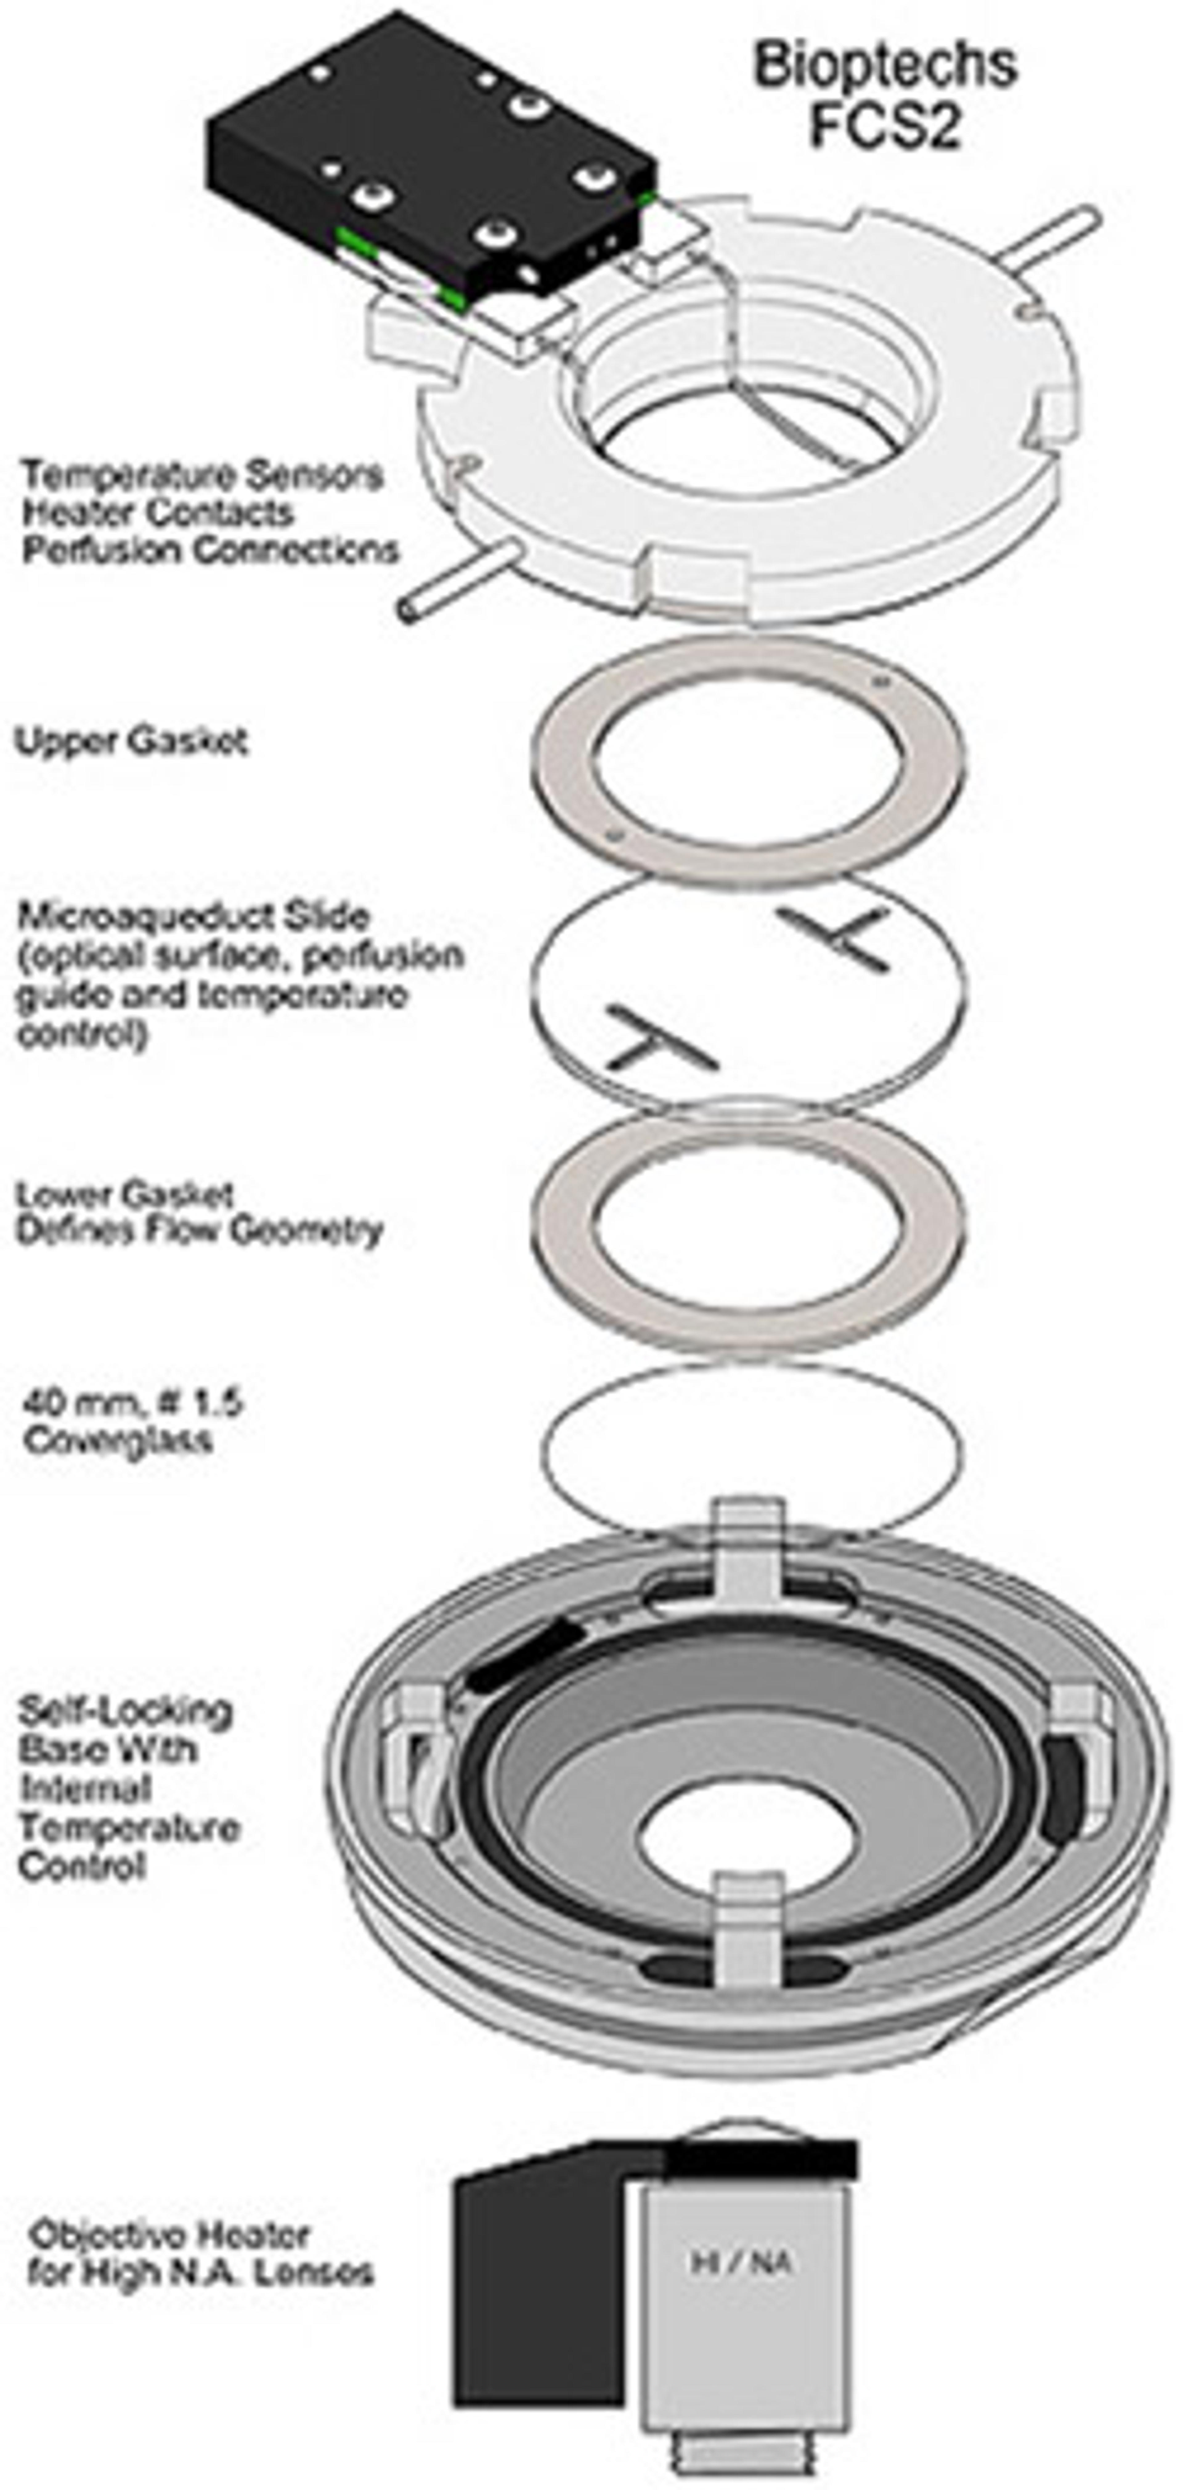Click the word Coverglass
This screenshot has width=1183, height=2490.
pyautogui.click(x=118, y=1440)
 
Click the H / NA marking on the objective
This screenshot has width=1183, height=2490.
pyautogui.click(x=742, y=2262)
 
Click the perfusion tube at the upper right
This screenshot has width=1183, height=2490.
pyautogui.click(x=1049, y=237)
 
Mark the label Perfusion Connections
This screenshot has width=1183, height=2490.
pyautogui.click(x=211, y=550)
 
